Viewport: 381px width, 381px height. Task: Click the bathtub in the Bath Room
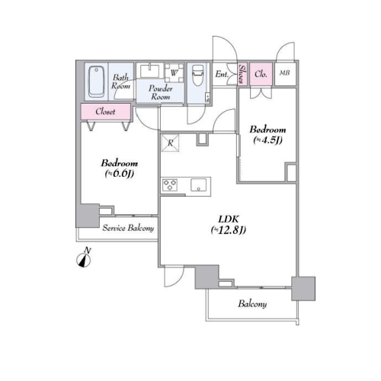click(x=96, y=82)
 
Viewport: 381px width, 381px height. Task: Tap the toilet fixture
click(x=198, y=75)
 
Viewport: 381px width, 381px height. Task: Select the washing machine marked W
click(x=174, y=72)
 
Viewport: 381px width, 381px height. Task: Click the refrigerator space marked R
click(x=170, y=142)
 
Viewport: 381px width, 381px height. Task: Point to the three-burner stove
click(x=170, y=185)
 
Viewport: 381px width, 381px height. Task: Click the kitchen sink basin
click(x=198, y=185)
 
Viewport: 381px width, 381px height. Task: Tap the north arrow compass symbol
click(x=84, y=260)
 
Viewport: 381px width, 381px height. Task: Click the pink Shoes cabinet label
click(x=242, y=74)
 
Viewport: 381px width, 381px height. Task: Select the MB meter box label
click(x=284, y=73)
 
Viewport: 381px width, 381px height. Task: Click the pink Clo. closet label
click(x=261, y=74)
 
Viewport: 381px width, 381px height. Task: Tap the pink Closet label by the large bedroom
click(x=106, y=111)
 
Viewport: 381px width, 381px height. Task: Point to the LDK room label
click(x=229, y=219)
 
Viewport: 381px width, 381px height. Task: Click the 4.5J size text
click(x=267, y=140)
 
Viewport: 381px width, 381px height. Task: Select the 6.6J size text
click(x=120, y=174)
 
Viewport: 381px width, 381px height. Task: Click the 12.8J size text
click(x=229, y=230)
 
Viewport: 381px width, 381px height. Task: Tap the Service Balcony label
click(x=128, y=228)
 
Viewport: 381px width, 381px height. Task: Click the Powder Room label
click(x=161, y=92)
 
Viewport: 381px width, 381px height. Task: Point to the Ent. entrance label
click(x=222, y=74)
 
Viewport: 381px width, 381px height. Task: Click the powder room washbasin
click(x=150, y=71)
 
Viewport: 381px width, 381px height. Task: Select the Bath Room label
click(x=120, y=82)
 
